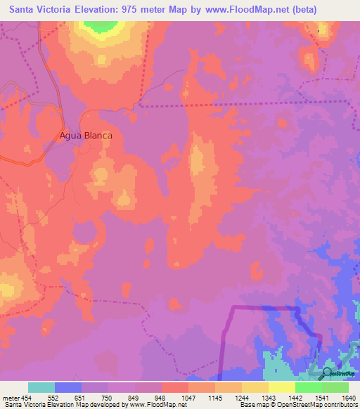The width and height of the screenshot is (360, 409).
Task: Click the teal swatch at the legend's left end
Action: click(x=41, y=387)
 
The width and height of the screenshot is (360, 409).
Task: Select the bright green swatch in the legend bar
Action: click(x=309, y=387)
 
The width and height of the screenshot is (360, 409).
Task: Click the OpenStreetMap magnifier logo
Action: click(x=328, y=373)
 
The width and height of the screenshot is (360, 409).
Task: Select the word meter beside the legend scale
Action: click(x=10, y=398)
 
